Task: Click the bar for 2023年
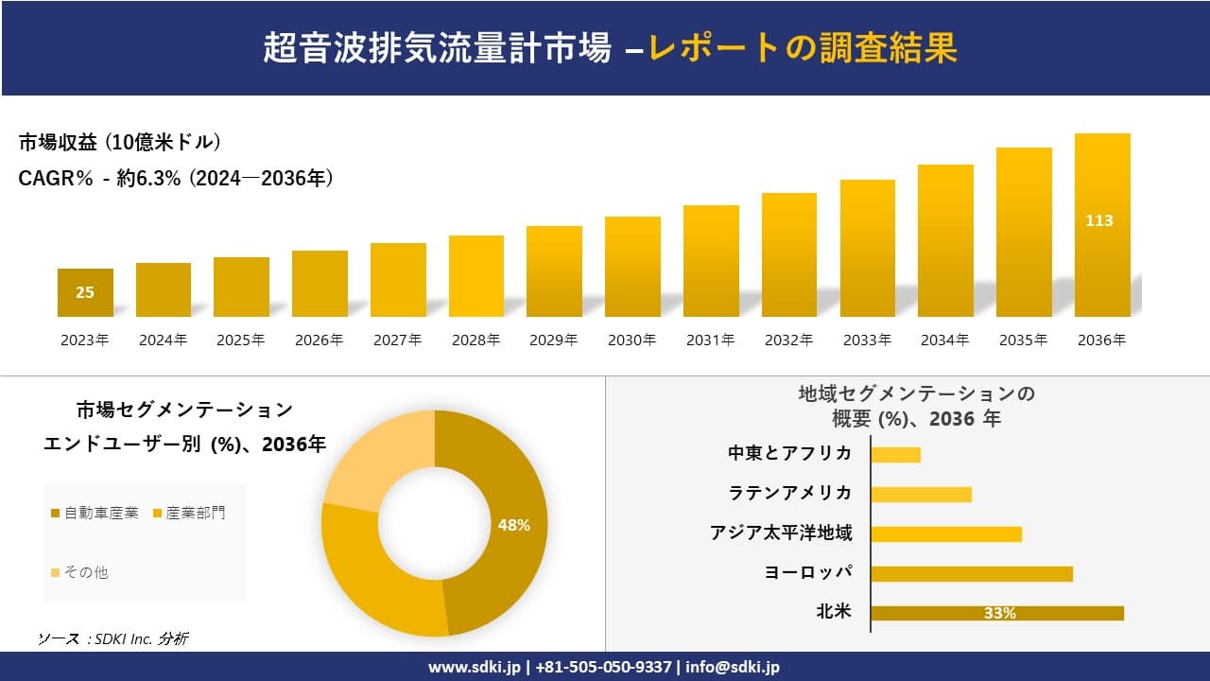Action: coord(85,292)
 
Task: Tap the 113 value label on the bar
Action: coord(1099,220)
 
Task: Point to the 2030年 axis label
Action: coord(631,340)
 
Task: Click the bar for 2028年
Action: coord(476,276)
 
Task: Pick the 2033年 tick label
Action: coord(866,340)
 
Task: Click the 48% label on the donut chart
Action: coord(513,525)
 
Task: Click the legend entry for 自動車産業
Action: coord(95,513)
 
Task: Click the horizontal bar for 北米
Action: coord(996,613)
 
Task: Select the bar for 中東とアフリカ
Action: coord(895,455)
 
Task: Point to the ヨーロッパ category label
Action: coord(807,572)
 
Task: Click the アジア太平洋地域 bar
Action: coord(945,534)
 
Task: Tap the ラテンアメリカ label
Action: coord(790,493)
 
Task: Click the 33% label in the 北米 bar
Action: coord(999,613)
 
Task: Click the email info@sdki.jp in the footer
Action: coord(734,667)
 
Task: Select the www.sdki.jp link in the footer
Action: coord(475,667)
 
